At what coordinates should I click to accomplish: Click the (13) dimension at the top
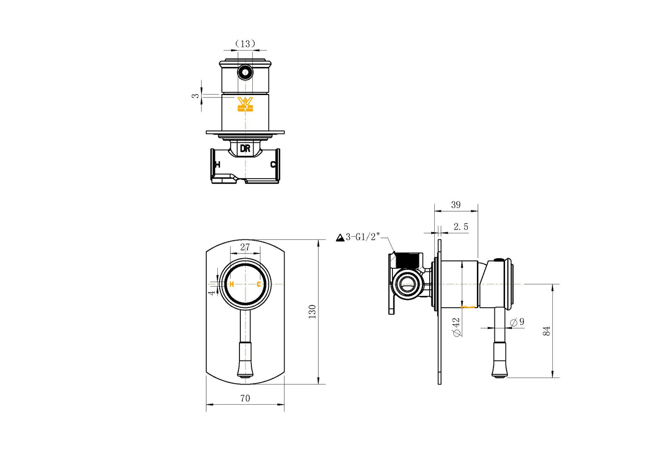tap(245, 44)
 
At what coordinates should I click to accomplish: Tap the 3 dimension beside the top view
tap(196, 96)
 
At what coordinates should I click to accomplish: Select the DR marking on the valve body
tap(245, 149)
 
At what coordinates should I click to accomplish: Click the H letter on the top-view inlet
tap(217, 164)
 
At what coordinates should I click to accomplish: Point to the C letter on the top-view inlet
tap(272, 164)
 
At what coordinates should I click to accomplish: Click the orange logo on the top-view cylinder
tap(245, 104)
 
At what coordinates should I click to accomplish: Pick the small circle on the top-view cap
tap(245, 72)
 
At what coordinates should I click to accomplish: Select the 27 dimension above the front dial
tap(245, 247)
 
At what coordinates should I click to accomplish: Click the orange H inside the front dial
tap(232, 284)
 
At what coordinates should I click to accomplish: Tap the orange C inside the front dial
tap(259, 284)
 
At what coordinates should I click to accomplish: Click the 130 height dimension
tap(312, 311)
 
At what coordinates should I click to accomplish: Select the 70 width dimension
tap(245, 398)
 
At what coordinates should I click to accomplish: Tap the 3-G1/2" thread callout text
tap(363, 237)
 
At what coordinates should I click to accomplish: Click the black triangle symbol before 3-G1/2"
tap(340, 237)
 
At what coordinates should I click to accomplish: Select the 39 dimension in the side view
tap(455, 205)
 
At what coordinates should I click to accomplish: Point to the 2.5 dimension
tap(460, 227)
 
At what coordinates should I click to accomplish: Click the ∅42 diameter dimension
tap(456, 327)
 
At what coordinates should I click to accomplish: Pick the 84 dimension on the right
tap(546, 331)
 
